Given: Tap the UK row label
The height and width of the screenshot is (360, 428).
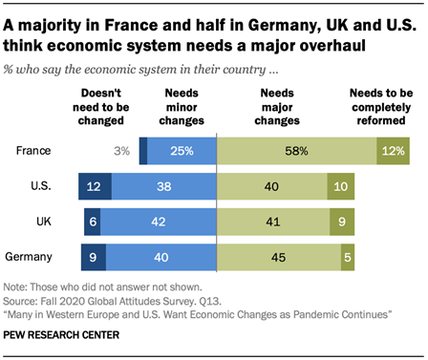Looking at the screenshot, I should tap(42, 221).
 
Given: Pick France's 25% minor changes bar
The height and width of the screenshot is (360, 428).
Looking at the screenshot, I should tap(182, 150).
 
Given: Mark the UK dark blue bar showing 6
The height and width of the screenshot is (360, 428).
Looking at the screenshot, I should tap(92, 221).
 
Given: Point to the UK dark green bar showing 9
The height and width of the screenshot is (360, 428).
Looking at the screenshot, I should tap(342, 221).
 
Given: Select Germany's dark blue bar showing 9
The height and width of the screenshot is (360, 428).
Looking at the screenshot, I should tap(95, 256).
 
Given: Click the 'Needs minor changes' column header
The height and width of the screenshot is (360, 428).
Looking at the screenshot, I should tap(182, 108).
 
